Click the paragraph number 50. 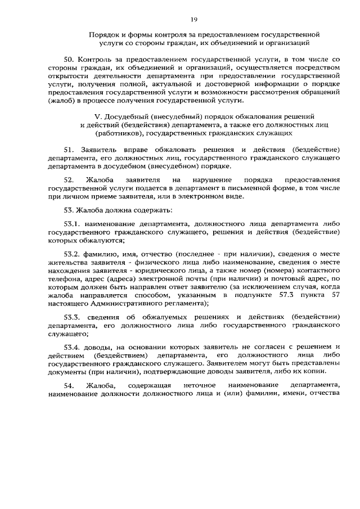tap(70, 59)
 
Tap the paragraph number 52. tap(69, 180)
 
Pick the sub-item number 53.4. tap(73, 346)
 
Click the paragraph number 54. tap(69, 385)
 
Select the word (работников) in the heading tap(121, 134)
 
